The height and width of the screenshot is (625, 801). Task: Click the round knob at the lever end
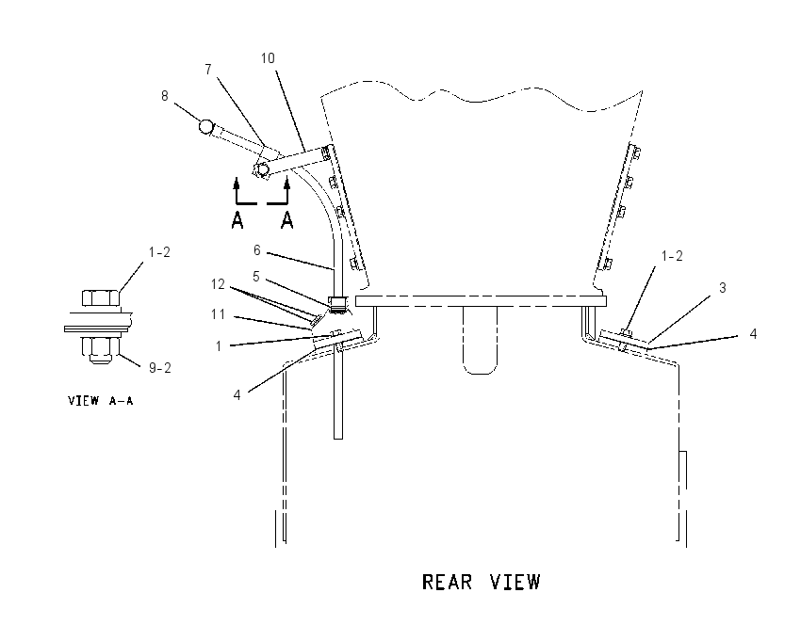pos(205,126)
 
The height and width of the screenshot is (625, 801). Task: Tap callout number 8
pos(165,96)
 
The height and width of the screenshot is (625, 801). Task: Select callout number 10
pos(268,58)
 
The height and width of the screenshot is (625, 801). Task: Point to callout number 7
pos(208,70)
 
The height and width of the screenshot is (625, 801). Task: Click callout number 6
pos(257,250)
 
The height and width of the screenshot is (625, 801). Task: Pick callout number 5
pos(256,277)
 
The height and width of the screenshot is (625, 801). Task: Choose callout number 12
pos(218,284)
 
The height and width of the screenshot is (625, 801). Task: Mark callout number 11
pos(218,314)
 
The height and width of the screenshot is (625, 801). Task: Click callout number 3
pos(723,288)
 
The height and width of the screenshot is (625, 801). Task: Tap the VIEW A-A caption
pos(101,401)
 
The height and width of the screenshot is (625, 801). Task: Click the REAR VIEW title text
pos(482,582)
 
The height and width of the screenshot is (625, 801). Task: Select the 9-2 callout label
pos(160,367)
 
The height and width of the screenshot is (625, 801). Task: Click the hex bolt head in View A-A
pos(101,298)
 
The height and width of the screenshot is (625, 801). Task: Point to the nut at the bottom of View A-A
pos(101,349)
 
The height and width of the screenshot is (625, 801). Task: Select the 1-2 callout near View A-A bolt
pos(159,252)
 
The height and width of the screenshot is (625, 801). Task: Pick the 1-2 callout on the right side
pos(672,256)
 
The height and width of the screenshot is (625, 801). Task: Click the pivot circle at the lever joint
pos(263,169)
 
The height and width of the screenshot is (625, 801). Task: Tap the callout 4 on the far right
pos(753,334)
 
